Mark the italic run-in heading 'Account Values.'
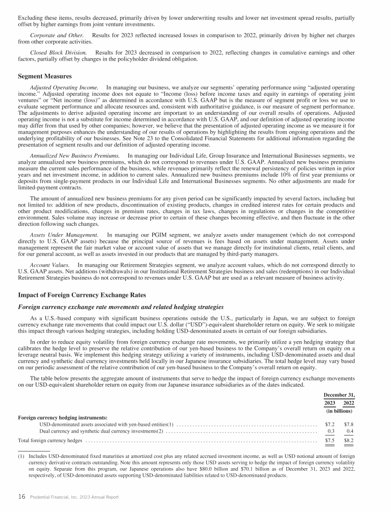point(49,266)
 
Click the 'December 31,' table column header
point(339,395)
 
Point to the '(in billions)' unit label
point(339,411)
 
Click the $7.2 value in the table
point(329,424)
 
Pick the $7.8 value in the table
point(349,424)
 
